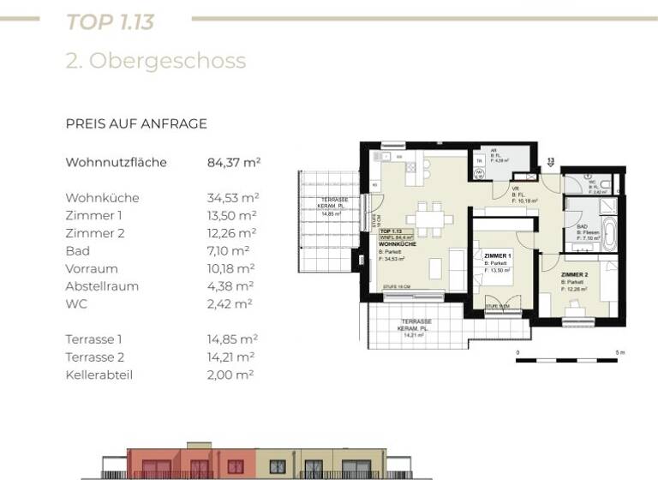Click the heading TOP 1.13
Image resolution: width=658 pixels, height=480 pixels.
pos(110,21)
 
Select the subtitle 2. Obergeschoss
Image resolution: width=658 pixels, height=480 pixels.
pos(155,61)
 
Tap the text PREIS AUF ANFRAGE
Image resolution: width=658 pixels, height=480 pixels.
pos(136,123)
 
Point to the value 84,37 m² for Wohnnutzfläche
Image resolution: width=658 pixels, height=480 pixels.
pos(234,162)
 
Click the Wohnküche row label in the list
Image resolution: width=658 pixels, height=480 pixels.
pos(102,198)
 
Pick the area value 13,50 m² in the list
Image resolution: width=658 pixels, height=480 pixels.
pos(232,215)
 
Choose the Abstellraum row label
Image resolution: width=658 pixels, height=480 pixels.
pos(102,286)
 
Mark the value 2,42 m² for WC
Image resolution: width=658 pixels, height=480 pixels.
pos(230,303)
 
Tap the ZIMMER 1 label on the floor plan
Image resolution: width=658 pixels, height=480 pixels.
pos(497,256)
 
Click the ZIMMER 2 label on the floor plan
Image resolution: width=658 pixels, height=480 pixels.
pos(574,275)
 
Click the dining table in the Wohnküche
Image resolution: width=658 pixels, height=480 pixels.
pos(429,219)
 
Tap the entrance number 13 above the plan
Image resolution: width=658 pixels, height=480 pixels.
pos(551,160)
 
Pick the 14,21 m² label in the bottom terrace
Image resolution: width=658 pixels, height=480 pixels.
pos(415,335)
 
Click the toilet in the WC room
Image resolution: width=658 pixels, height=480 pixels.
pos(604,183)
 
